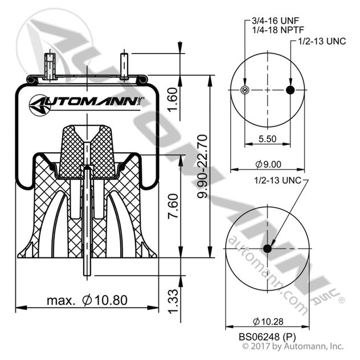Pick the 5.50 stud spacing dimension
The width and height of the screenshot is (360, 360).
[x=267, y=138]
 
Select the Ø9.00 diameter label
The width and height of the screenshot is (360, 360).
[x=268, y=163]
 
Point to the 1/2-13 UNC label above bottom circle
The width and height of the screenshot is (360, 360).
[x=277, y=181]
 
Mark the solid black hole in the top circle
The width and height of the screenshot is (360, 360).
[x=290, y=91]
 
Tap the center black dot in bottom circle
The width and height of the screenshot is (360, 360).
[x=267, y=248]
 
